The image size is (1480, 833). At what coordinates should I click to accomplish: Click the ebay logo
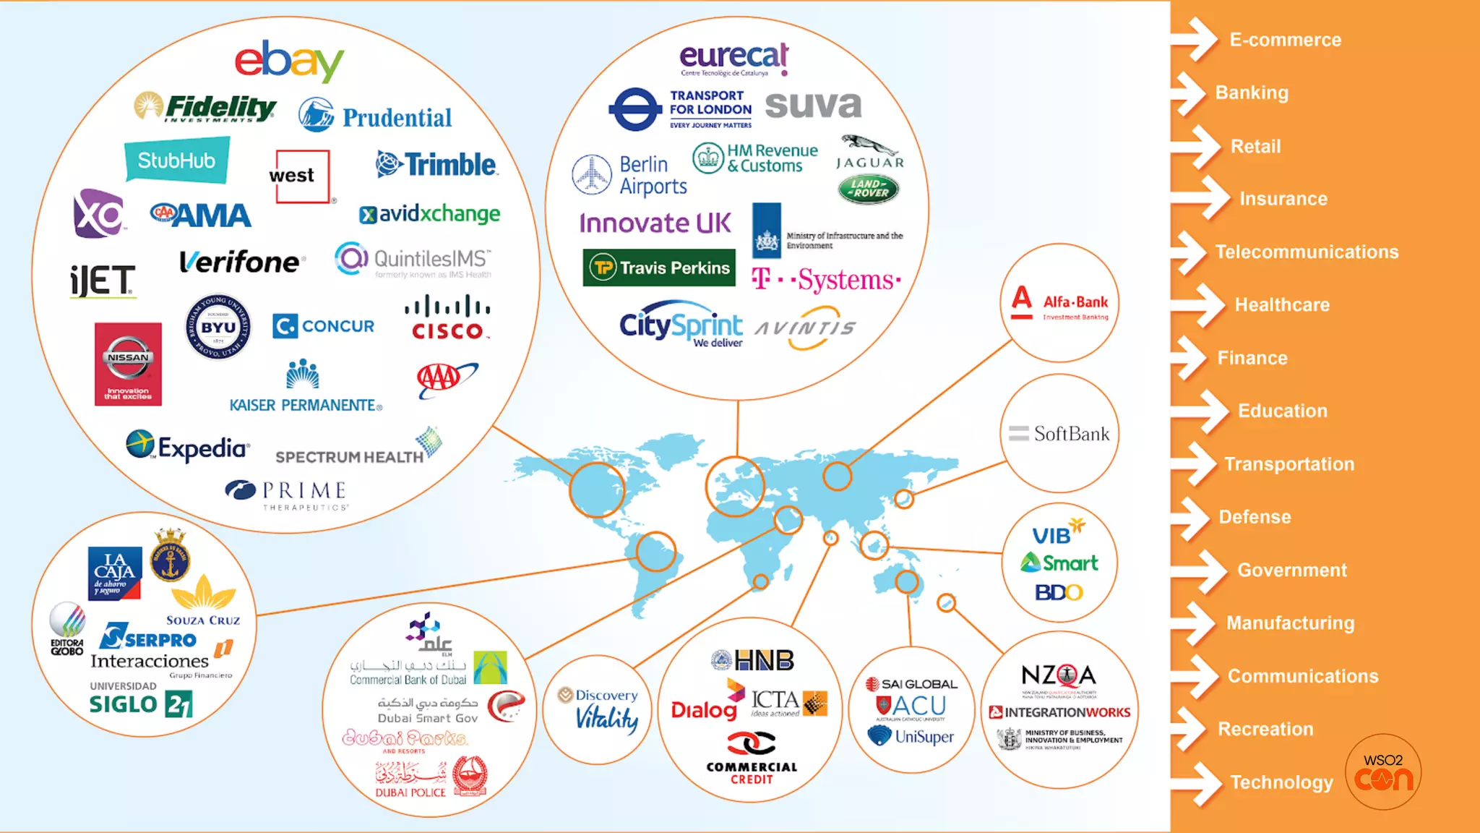pos(289,61)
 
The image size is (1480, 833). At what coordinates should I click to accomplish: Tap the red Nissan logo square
pos(128,364)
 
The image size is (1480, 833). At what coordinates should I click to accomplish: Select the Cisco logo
pos(447,317)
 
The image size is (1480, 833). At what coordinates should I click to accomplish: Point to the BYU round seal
pos(218,327)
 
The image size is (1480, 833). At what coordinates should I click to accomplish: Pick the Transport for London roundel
pos(634,109)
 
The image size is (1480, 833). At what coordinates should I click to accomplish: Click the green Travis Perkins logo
pos(658,268)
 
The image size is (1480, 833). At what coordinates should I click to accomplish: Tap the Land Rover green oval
pos(868,189)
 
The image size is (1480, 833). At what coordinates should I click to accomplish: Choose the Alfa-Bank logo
pos(1060,303)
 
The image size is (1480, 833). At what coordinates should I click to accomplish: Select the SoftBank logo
pos(1059,434)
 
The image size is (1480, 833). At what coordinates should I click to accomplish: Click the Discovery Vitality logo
pos(598,710)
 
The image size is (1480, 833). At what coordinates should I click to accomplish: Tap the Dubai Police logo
pos(431,778)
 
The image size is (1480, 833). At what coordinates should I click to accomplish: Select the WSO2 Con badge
pos(1383,772)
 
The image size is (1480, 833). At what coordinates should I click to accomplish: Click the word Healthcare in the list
pos(1282,305)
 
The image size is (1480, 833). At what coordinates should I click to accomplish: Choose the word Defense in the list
pos(1255,517)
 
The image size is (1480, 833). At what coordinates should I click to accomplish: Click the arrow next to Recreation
pos(1194,729)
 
